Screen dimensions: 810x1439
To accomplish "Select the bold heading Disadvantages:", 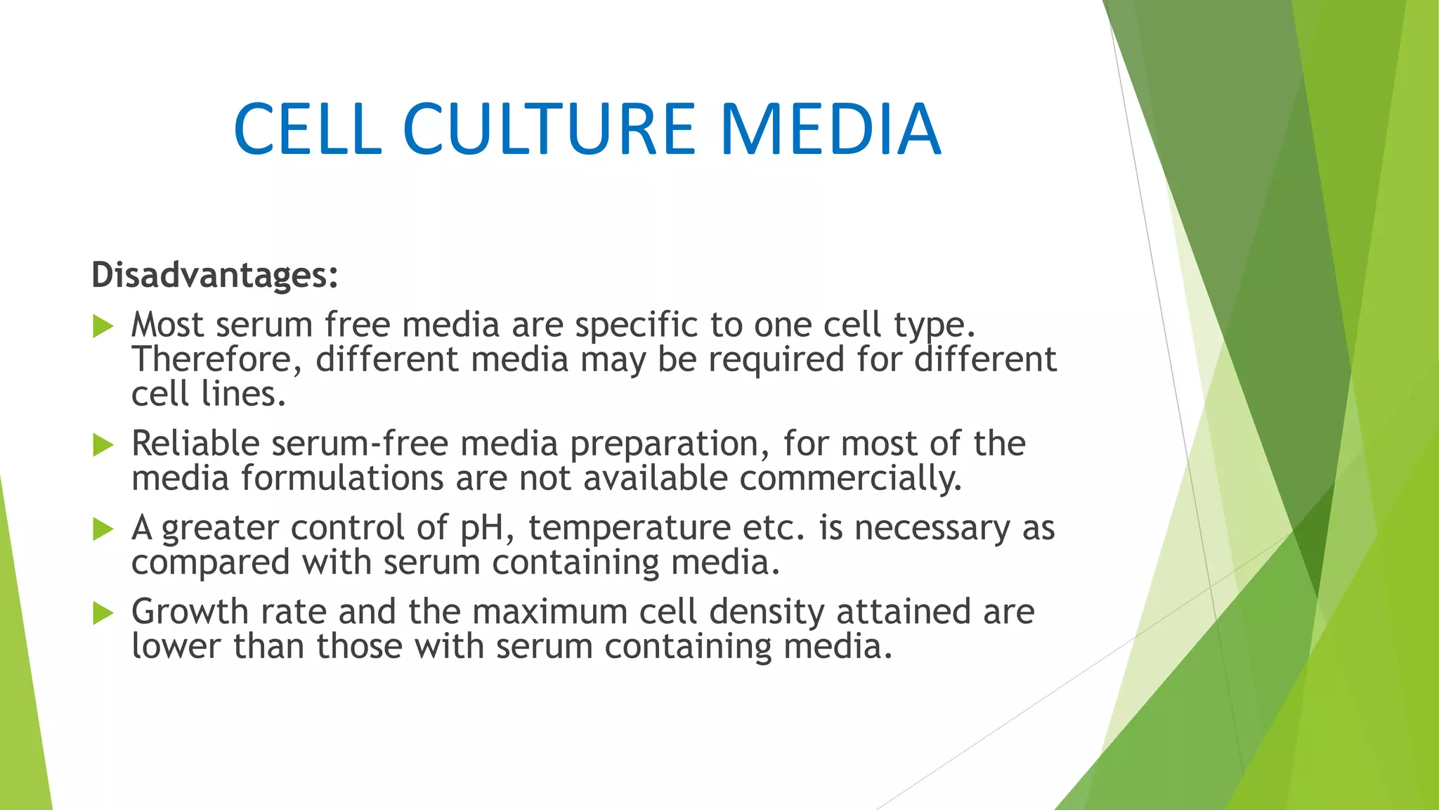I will tap(215, 275).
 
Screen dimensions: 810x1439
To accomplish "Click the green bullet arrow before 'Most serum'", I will tap(103, 326).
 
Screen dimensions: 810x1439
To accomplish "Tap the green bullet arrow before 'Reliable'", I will tap(103, 445).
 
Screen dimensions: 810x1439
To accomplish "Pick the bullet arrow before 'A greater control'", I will tap(103, 529).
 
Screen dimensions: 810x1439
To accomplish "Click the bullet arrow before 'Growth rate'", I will tap(103, 613).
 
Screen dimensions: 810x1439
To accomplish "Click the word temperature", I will tap(630, 528).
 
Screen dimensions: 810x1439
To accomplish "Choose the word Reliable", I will tap(195, 444).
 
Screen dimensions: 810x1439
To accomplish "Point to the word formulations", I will tap(342, 479).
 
